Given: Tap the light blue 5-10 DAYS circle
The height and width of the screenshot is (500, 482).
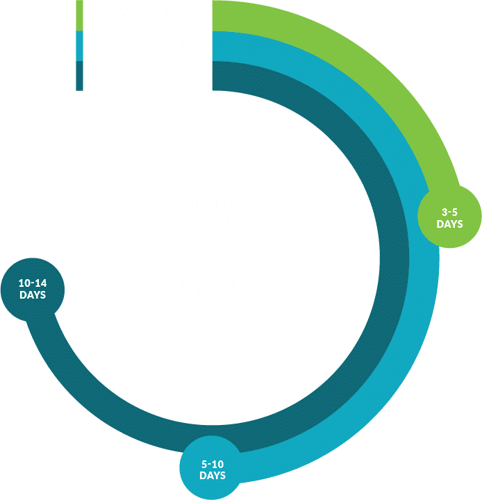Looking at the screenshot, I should tap(213, 469).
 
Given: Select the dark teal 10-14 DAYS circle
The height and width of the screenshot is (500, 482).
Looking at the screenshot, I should tap(33, 289).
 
